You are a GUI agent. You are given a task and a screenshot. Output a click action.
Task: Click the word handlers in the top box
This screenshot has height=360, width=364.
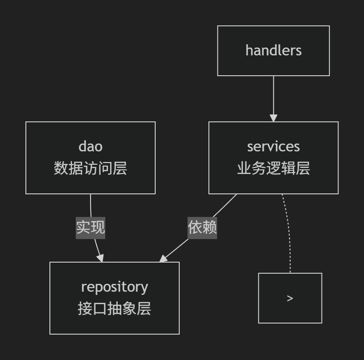click(x=273, y=50)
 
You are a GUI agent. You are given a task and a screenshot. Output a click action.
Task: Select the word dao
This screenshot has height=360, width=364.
click(x=91, y=146)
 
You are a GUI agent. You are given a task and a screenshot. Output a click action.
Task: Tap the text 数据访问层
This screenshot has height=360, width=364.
click(x=91, y=168)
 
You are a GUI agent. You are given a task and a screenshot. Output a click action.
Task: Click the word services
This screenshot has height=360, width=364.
click(x=273, y=146)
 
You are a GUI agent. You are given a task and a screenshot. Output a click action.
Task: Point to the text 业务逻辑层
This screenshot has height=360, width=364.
click(x=273, y=168)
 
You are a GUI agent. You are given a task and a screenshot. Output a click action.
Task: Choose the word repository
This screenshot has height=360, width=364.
click(x=115, y=287)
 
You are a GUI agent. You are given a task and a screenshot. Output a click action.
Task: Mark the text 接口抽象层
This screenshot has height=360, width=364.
click(x=115, y=309)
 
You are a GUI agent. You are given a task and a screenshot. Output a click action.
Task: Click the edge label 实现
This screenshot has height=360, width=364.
click(x=91, y=227)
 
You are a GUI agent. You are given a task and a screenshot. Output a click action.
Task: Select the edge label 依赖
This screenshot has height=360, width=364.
click(x=202, y=227)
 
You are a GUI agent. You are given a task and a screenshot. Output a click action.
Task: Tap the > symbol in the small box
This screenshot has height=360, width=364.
click(x=290, y=299)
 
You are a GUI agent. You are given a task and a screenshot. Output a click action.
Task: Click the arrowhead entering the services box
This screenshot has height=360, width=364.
click(x=273, y=118)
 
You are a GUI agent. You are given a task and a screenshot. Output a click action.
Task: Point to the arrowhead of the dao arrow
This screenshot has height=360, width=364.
click(x=100, y=258)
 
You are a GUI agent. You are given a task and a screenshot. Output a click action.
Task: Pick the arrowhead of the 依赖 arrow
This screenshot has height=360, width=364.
click(x=164, y=258)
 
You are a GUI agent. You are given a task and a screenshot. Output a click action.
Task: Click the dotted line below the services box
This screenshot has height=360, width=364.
click(x=289, y=231)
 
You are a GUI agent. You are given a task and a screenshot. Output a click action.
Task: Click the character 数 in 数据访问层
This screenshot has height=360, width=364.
click(x=61, y=168)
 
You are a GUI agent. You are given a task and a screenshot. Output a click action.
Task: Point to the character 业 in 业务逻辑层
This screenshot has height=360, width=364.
click(x=244, y=168)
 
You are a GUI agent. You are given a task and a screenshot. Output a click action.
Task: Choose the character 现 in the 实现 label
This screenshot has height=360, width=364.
click(x=98, y=227)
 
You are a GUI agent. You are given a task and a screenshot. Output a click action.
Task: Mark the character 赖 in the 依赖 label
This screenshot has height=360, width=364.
click(x=210, y=227)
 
